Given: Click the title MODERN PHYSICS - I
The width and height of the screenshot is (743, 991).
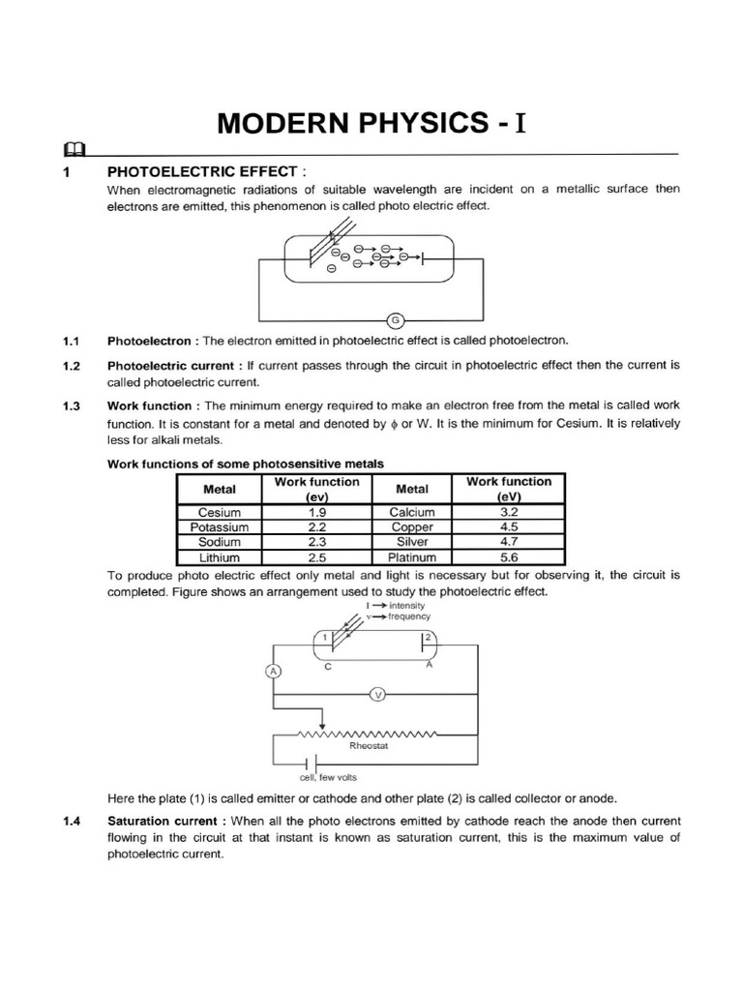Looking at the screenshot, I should [372, 123].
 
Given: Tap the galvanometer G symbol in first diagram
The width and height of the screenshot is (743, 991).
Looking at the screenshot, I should [394, 320].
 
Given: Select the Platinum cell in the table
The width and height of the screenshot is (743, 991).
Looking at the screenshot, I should [412, 557].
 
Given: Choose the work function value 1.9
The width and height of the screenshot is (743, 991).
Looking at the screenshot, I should [316, 512].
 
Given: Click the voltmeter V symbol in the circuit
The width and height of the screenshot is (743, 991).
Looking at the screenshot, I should [379, 693].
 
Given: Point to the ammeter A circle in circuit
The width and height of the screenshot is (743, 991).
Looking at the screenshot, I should [274, 671].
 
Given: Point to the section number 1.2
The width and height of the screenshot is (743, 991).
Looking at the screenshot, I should [70, 366].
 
